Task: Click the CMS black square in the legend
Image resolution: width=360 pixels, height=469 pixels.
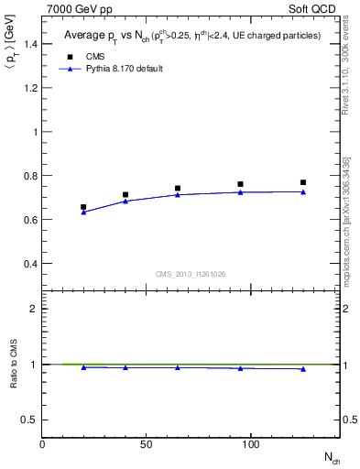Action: point(70,57)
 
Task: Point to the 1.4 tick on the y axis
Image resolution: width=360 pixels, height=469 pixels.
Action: point(28,44)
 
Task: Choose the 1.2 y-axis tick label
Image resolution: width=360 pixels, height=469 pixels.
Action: point(28,88)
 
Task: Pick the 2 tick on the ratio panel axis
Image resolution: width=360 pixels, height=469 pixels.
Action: point(34,309)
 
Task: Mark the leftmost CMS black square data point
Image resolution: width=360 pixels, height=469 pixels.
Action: point(83,207)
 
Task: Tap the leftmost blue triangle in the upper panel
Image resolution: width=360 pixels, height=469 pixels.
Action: point(83,212)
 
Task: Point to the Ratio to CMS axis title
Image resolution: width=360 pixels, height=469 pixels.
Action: point(14,364)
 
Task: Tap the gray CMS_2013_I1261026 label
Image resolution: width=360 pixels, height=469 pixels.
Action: point(191,273)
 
